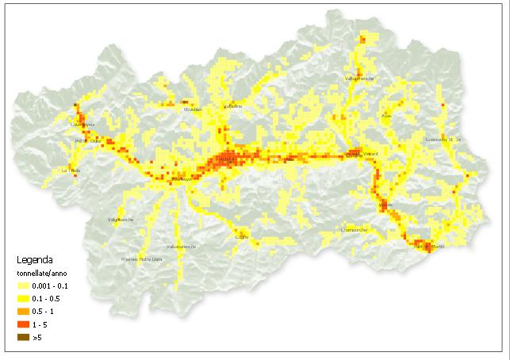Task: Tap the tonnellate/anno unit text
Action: [42, 271]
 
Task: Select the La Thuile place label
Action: [71, 170]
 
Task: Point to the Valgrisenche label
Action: [121, 220]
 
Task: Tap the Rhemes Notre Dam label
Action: [141, 259]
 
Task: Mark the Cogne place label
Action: [242, 236]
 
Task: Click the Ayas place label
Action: [387, 116]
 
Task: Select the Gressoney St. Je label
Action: [443, 140]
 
